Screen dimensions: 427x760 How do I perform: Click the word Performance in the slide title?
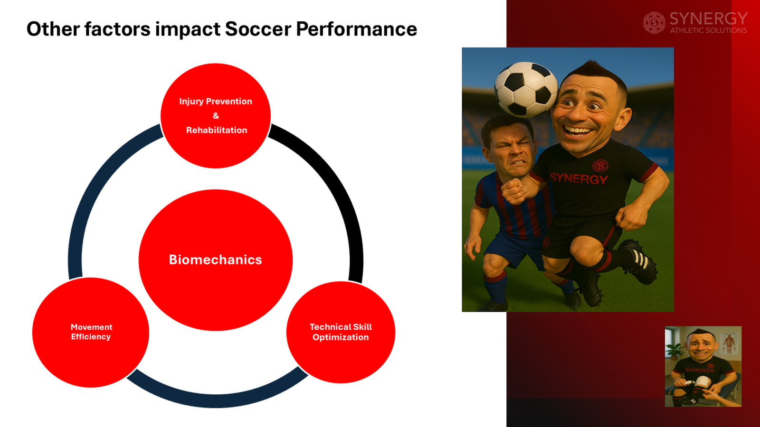[356, 29]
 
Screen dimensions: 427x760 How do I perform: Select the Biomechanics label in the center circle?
[215, 260]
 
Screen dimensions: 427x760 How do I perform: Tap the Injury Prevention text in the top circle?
[215, 101]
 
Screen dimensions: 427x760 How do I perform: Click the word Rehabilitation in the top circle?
[216, 130]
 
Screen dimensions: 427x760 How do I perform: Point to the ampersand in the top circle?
[216, 116]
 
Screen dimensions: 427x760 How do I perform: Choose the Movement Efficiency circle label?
[91, 332]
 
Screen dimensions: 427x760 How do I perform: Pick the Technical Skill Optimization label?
[340, 332]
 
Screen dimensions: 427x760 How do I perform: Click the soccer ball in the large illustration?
[525, 89]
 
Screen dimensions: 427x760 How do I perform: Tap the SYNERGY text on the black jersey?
[578, 178]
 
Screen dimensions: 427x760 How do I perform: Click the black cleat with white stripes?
[639, 261]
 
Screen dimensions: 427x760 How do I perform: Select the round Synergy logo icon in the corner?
[654, 22]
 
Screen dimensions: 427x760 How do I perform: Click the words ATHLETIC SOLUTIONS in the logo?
[708, 30]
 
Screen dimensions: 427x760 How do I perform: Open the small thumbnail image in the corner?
[703, 366]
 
